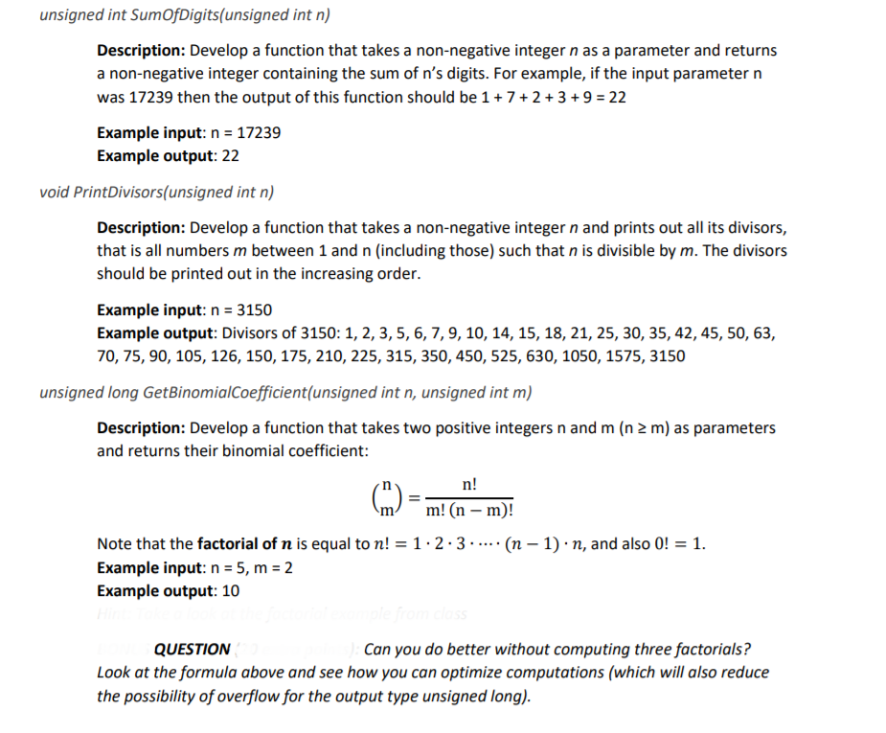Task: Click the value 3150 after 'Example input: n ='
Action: [x=254, y=309]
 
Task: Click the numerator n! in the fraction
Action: [x=469, y=485]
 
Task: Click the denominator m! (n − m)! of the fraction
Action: [x=469, y=512]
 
